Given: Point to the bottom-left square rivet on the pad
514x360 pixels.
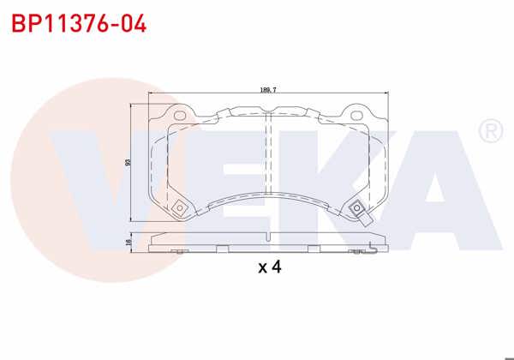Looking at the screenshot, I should point(178,207).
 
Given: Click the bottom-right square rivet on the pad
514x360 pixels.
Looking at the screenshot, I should point(356,207).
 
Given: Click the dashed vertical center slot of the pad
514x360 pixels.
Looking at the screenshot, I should point(268,163).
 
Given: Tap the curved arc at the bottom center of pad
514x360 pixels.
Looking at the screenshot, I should point(268,199).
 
